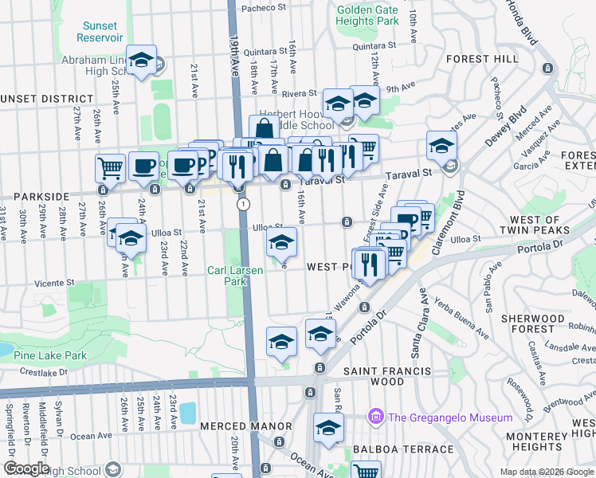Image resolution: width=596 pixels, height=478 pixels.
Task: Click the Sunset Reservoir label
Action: tap(101, 31)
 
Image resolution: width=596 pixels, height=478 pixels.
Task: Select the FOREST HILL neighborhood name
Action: tap(482, 59)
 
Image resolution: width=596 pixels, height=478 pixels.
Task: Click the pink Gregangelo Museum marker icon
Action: tap(375, 417)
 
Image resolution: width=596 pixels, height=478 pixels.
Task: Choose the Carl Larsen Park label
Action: tap(237, 276)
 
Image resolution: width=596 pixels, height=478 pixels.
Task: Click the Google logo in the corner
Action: tap(26, 468)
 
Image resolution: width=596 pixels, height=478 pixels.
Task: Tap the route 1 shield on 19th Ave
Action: tap(241, 205)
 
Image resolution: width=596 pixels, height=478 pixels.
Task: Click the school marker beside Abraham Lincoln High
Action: tap(142, 61)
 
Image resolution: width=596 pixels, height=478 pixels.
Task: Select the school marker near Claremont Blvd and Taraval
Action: tap(441, 145)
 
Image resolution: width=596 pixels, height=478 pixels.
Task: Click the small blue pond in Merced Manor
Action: tap(188, 412)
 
